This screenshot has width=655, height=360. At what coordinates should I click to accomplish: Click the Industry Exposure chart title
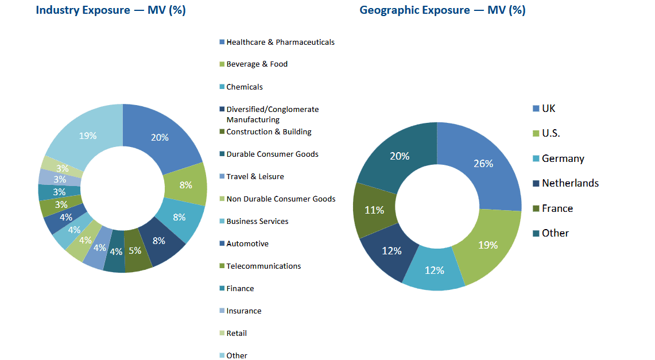pyautogui.click(x=110, y=10)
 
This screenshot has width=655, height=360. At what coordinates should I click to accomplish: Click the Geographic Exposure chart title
pyautogui.click(x=442, y=10)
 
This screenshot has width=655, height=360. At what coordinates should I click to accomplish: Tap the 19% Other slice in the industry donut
pyautogui.click(x=88, y=136)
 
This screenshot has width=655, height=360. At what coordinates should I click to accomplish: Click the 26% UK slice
pyautogui.click(x=483, y=164)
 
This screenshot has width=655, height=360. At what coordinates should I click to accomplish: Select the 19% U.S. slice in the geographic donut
pyautogui.click(x=487, y=245)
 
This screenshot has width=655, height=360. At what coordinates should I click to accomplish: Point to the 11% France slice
pyautogui.click(x=374, y=210)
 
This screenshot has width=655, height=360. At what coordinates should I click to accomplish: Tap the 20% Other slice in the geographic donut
pyautogui.click(x=400, y=156)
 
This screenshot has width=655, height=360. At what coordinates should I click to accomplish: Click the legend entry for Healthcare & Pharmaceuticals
pyautogui.click(x=280, y=42)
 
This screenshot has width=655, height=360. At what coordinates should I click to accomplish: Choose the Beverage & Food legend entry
pyautogui.click(x=257, y=64)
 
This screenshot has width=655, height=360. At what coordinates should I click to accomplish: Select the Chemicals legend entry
pyautogui.click(x=245, y=87)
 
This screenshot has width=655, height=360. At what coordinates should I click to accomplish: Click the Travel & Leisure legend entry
pyautogui.click(x=255, y=176)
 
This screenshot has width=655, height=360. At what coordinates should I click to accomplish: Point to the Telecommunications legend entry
pyautogui.click(x=263, y=266)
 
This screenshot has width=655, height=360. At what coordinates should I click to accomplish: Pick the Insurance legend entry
pyautogui.click(x=243, y=311)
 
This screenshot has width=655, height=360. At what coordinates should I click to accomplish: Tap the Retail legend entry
pyautogui.click(x=237, y=333)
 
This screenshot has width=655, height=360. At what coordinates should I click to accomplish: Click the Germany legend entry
pyautogui.click(x=563, y=158)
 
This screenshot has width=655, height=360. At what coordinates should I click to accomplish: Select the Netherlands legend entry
pyautogui.click(x=570, y=183)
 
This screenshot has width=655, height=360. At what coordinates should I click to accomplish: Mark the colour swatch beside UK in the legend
pyautogui.click(x=536, y=109)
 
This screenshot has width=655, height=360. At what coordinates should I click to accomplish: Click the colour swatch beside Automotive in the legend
pyautogui.click(x=222, y=244)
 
